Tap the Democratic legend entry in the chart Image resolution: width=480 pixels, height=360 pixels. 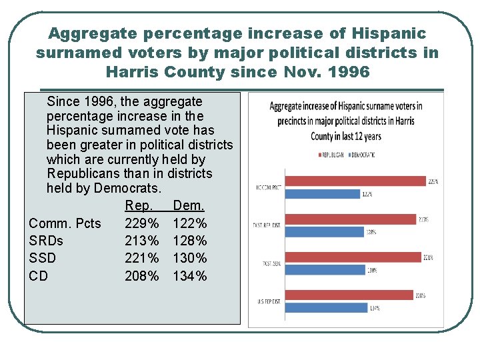point(361,155)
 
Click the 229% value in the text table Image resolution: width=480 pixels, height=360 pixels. point(142,223)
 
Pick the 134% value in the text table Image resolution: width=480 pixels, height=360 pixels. point(190,276)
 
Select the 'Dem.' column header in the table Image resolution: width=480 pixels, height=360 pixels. point(188,206)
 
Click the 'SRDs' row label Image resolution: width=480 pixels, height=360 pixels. point(46,241)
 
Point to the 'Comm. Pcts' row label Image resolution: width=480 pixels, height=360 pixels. point(65,223)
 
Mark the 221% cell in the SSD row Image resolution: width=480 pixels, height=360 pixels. point(142,258)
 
